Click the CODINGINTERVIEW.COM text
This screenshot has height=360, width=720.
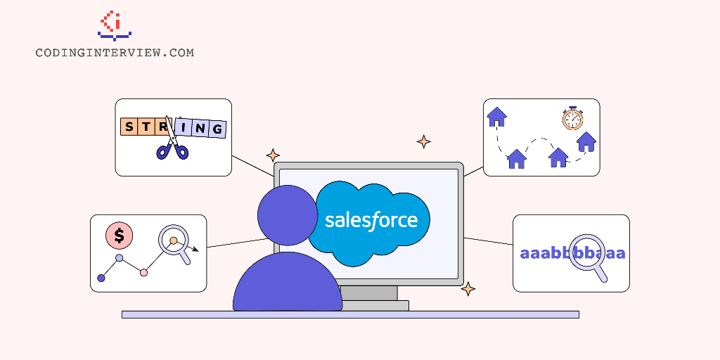pyautogui.click(x=115, y=53)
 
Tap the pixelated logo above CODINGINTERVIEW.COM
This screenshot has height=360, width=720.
pyautogui.click(x=115, y=25)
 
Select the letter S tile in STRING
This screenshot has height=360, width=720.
pyautogui.click(x=129, y=127)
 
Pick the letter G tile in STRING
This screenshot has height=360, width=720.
pyautogui.click(x=218, y=129)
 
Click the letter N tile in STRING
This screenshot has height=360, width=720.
pyautogui.click(x=201, y=128)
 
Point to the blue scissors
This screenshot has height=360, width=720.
pyautogui.click(x=172, y=144)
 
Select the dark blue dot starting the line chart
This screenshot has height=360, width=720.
pyautogui.click(x=101, y=278)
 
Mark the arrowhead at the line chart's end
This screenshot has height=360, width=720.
pyautogui.click(x=196, y=249)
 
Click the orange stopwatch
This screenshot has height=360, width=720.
pyautogui.click(x=572, y=118)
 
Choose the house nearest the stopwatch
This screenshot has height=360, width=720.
pyautogui.click(x=586, y=142)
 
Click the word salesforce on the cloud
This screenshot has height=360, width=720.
pyautogui.click(x=371, y=220)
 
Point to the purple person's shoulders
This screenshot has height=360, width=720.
pyautogui.click(x=288, y=285)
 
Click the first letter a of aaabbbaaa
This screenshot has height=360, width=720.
pyautogui.click(x=525, y=253)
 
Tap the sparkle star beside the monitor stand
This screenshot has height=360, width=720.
pyautogui.click(x=468, y=289)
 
